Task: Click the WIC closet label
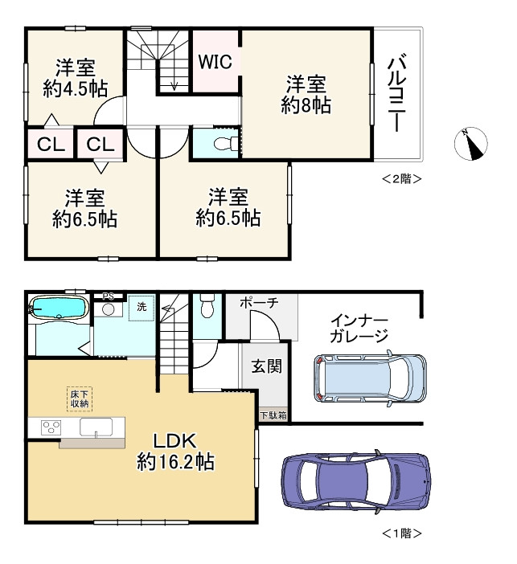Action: point(215,62)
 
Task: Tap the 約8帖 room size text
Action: point(306,106)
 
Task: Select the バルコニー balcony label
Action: point(397,92)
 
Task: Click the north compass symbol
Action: point(470,144)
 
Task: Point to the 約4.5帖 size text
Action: point(76,88)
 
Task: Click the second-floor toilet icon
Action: point(225,145)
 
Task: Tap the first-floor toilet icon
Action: point(207,306)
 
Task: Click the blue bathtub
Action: point(59,308)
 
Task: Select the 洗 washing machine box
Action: point(142,308)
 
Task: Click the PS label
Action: point(108,296)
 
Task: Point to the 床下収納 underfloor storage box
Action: point(80,399)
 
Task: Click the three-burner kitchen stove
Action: point(51,428)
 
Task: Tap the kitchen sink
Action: point(96,427)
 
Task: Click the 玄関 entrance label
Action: point(266,366)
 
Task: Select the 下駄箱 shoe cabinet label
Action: point(273,415)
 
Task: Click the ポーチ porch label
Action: point(259,302)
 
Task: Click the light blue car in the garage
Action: point(370,378)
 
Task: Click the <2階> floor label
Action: point(401,179)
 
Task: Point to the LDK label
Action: point(175,440)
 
